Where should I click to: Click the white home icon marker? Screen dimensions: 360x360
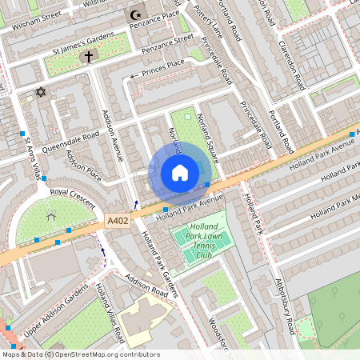tap(180, 173)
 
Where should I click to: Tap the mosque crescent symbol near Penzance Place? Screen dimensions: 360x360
tap(134, 15)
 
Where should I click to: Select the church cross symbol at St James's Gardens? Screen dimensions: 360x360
tap(87, 56)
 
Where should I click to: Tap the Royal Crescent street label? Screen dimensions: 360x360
tap(72, 193)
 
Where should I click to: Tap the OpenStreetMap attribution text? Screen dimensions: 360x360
tap(80, 354)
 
